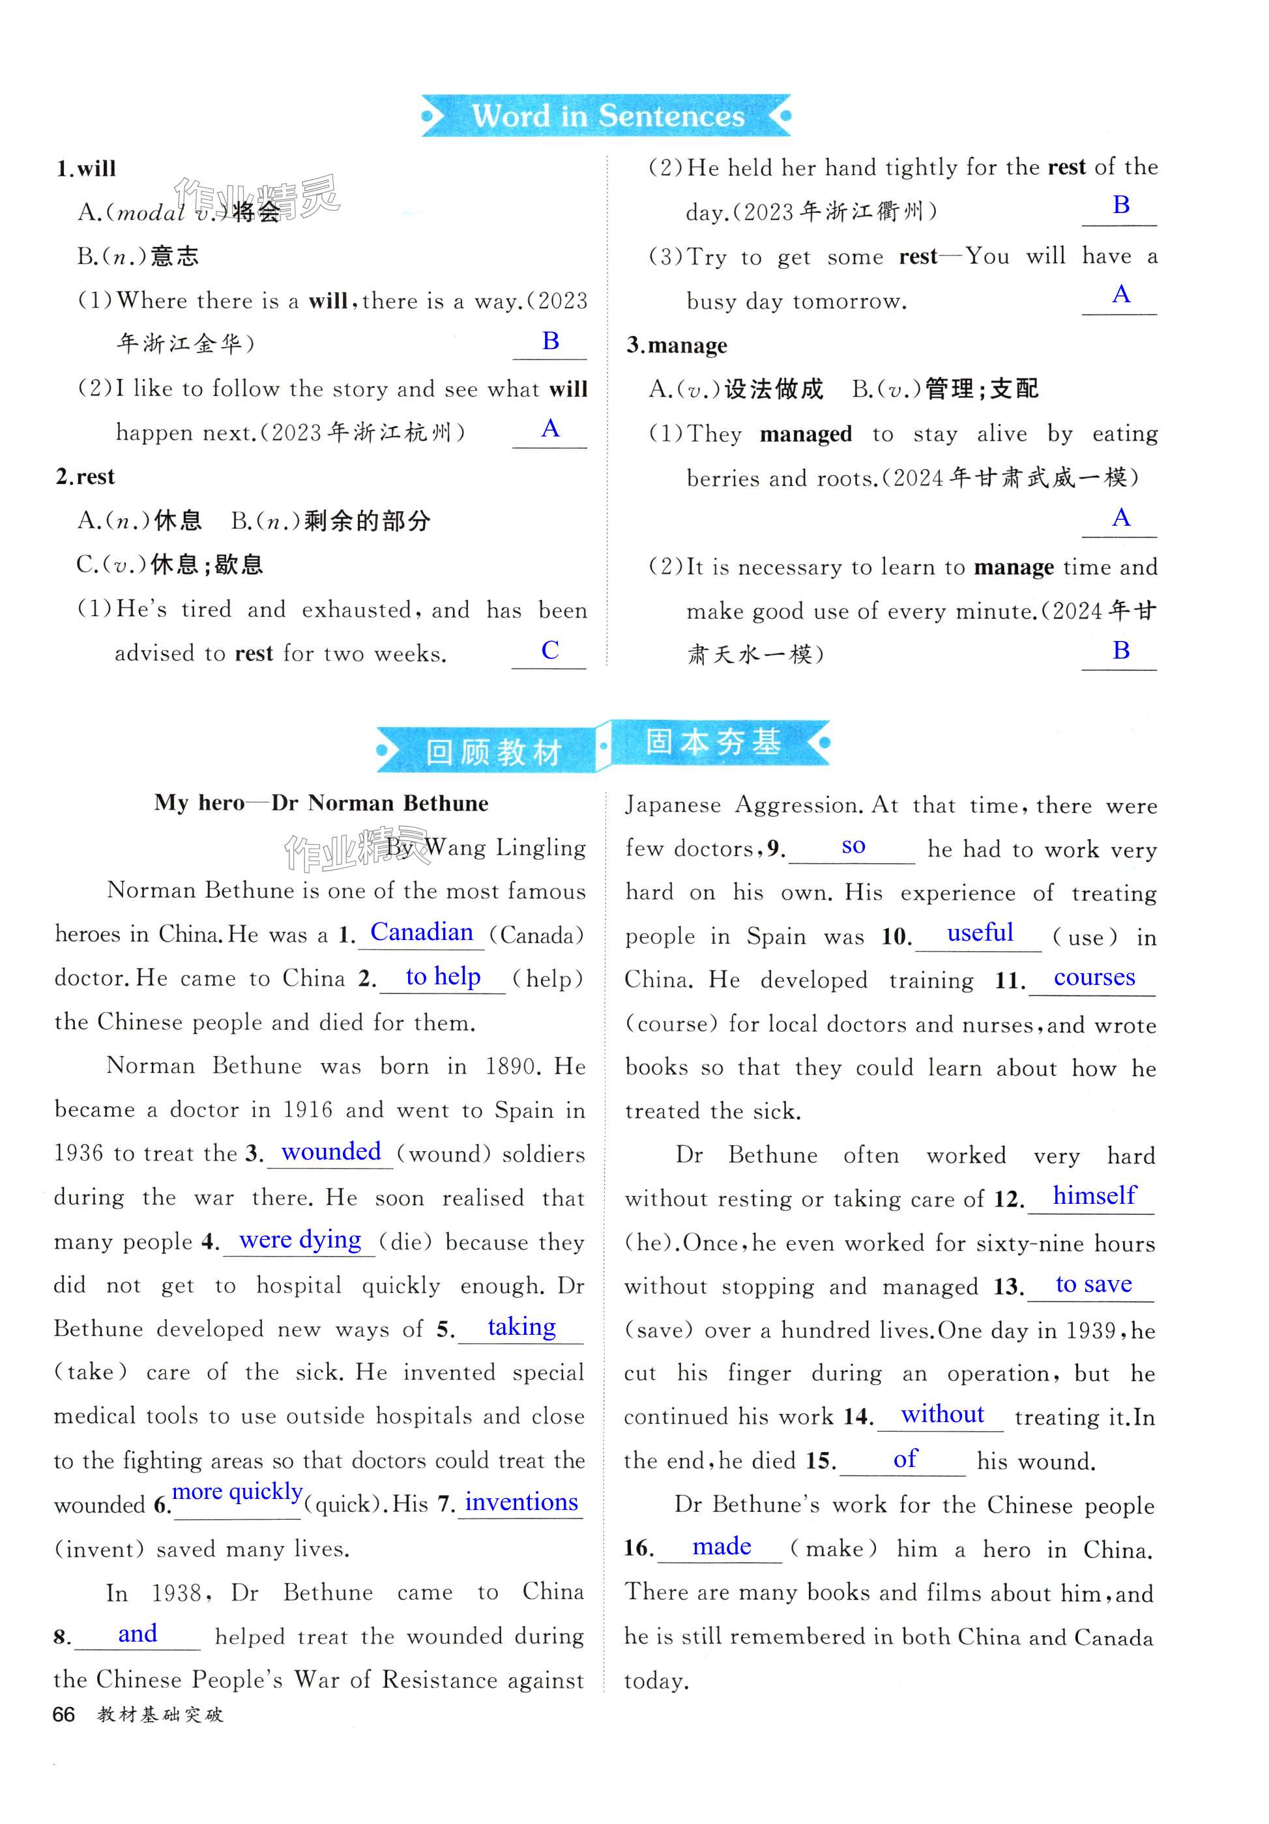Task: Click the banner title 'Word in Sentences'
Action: (608, 116)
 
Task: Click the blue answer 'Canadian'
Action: (421, 932)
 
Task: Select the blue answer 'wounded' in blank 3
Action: (330, 1151)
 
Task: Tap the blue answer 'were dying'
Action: (300, 1239)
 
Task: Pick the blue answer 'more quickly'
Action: (237, 1491)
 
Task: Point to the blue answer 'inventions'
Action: (521, 1502)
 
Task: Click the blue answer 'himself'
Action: (1094, 1195)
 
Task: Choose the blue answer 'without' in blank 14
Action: (942, 1414)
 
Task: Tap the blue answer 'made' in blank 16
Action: (721, 1546)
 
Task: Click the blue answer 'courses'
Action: (1094, 977)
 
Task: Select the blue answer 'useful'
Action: (979, 933)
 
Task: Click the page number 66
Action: (64, 1715)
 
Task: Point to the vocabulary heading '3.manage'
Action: (677, 345)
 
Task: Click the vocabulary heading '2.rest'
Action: (85, 477)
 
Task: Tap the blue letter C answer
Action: (550, 650)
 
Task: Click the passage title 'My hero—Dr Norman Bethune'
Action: (321, 803)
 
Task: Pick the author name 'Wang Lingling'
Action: (505, 848)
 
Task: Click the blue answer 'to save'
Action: (1094, 1284)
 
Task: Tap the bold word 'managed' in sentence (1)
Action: (806, 434)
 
